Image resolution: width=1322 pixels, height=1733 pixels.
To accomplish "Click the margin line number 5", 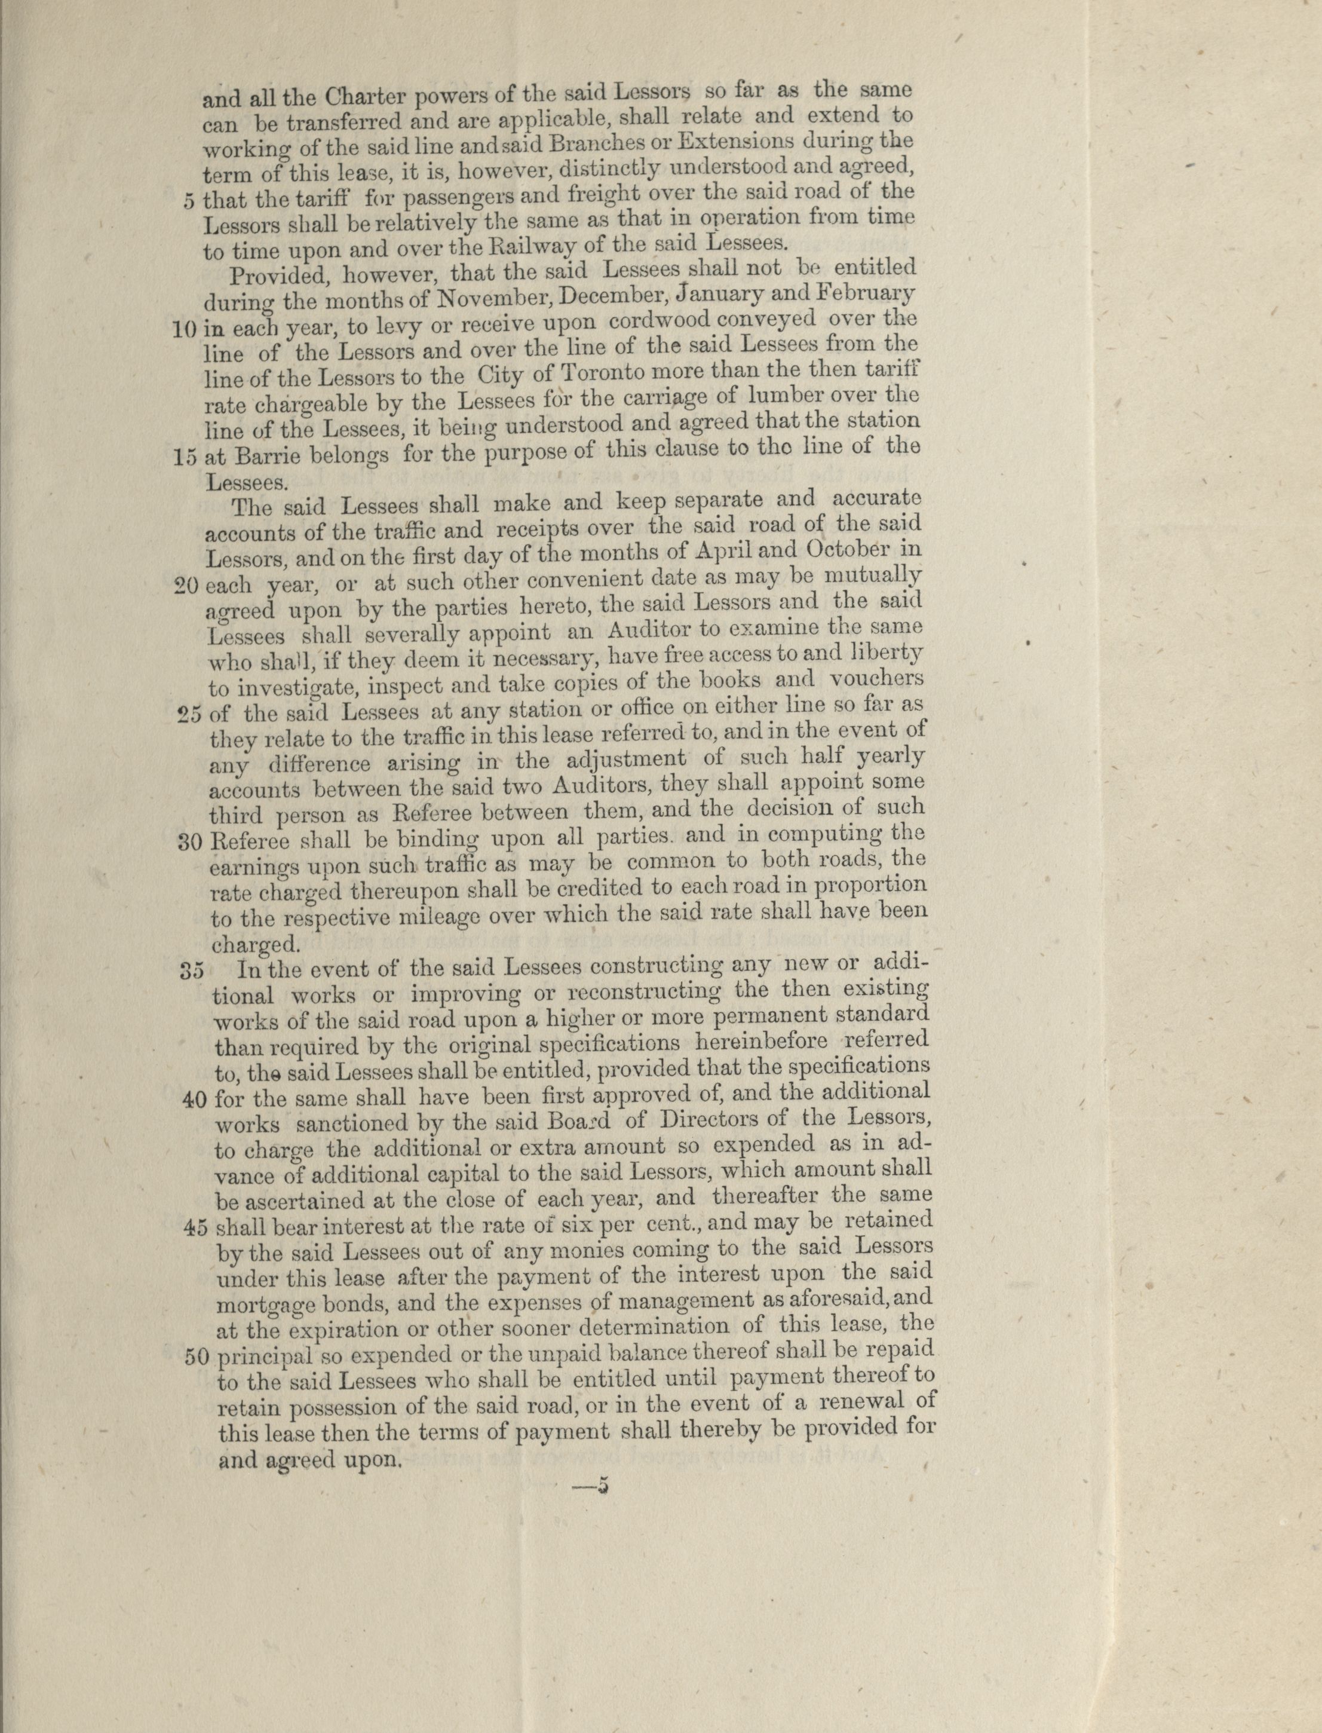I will pos(188,200).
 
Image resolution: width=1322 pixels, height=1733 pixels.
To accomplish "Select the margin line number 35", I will pos(192,970).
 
